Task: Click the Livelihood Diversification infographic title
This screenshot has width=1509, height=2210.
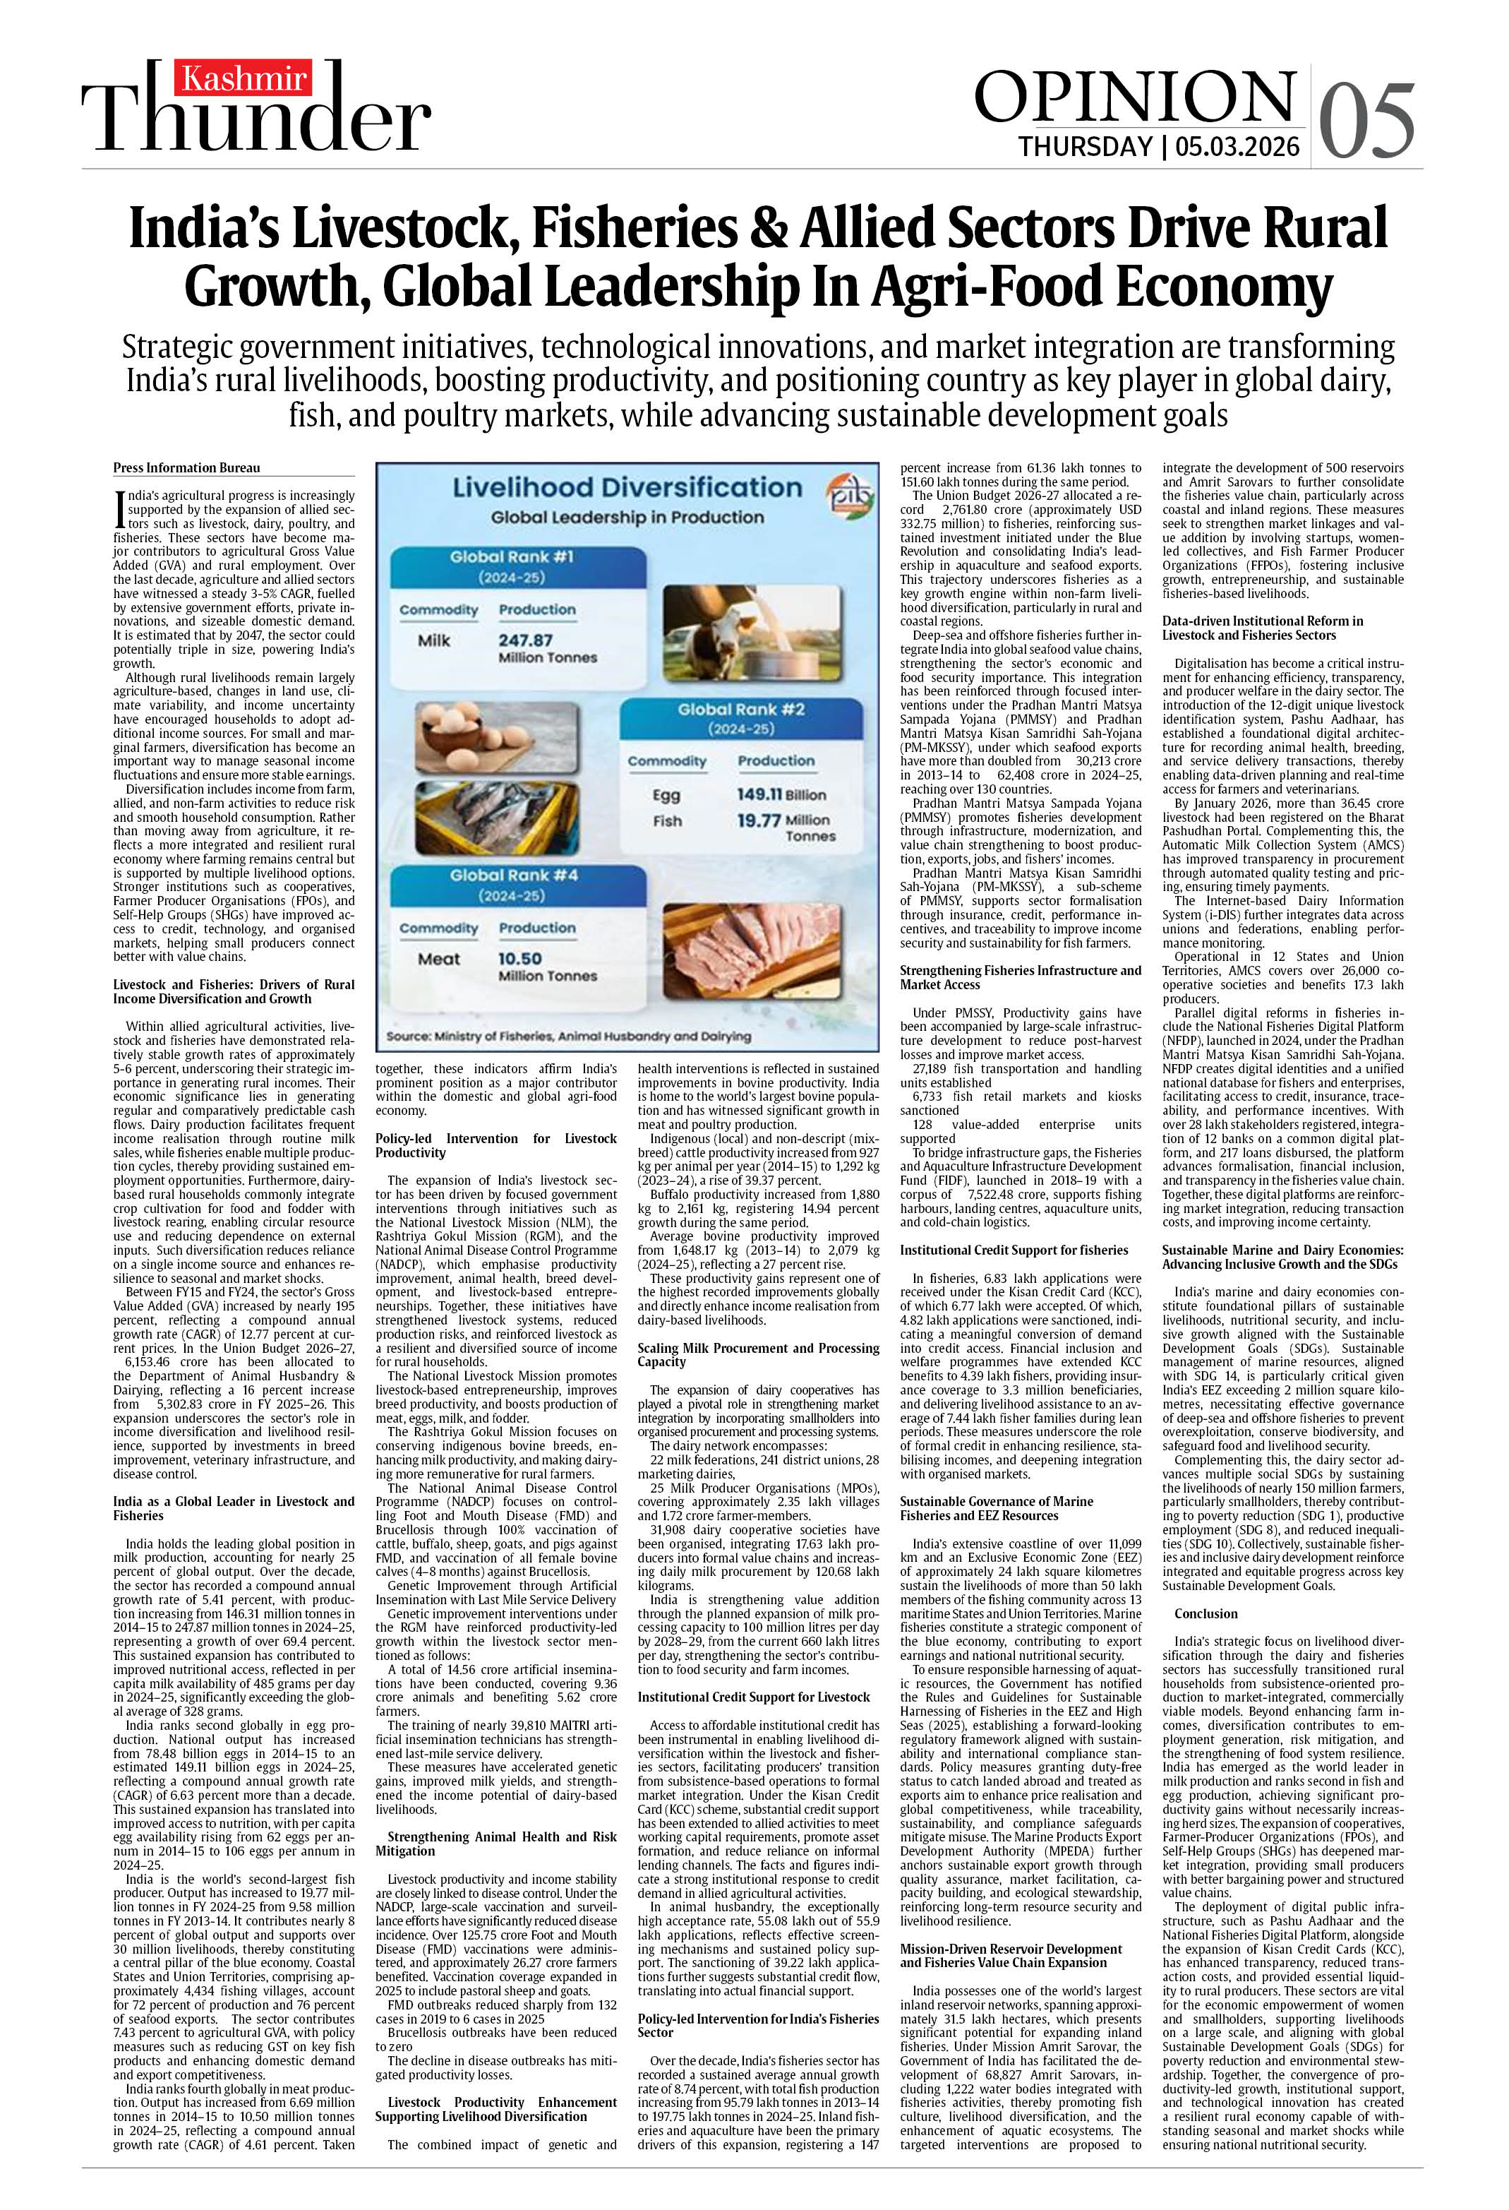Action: pos(627,488)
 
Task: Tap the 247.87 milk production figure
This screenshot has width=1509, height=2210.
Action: pos(525,640)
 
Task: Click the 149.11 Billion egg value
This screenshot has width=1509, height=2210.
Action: pos(781,794)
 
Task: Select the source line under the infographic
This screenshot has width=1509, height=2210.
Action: pos(569,1036)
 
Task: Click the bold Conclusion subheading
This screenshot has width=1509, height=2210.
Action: pos(1206,1614)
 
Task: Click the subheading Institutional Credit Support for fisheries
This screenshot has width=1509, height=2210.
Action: pos(1014,1250)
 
